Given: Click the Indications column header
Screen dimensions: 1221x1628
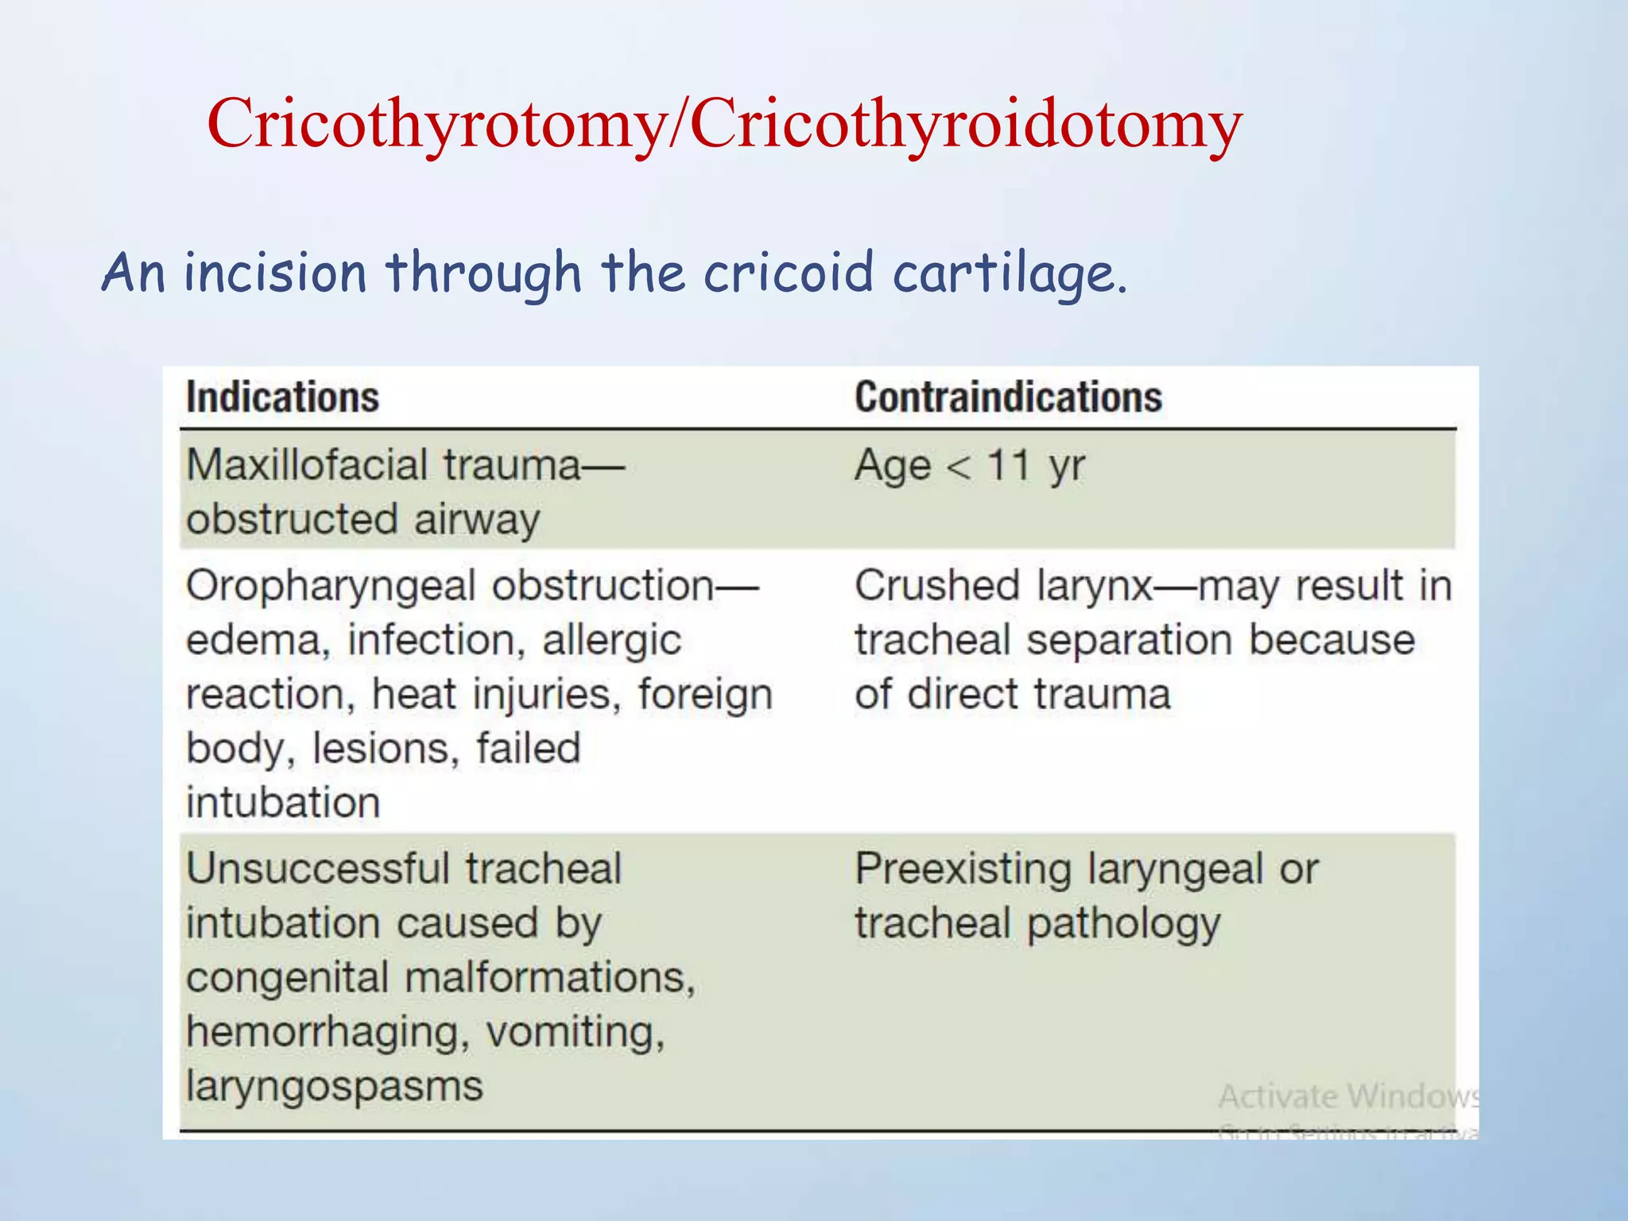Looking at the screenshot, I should (282, 397).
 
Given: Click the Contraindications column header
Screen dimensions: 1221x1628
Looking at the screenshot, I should (1008, 397).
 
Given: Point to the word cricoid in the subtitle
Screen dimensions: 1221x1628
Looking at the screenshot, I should (789, 273).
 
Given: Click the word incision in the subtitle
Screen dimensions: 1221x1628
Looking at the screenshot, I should (275, 273).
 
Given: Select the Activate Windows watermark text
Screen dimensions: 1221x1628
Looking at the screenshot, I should (1348, 1097).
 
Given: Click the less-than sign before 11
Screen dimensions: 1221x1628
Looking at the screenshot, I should (959, 467).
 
